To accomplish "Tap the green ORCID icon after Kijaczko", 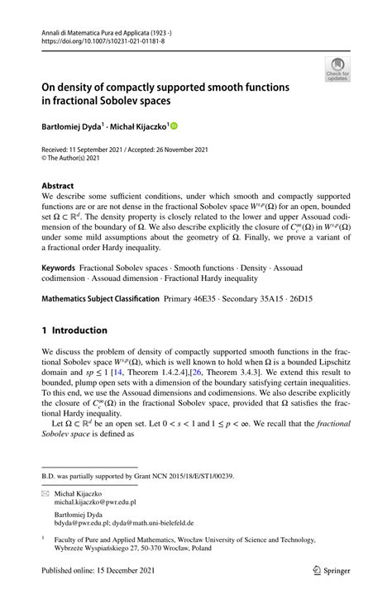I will [174, 126].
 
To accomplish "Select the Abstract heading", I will [59, 186].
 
